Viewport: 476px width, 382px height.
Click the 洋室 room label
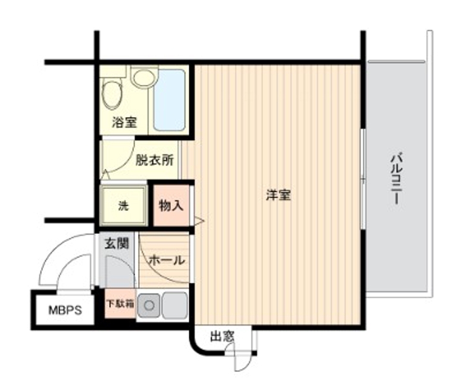278,195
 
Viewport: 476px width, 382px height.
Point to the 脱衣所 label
154,160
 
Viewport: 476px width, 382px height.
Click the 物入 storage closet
171,206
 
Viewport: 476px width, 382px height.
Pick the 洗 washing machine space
123,206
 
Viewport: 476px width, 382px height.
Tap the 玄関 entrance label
117,244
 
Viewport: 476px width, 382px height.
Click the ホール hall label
166,260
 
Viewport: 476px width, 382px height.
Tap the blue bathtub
170,100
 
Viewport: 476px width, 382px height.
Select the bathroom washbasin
143,78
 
